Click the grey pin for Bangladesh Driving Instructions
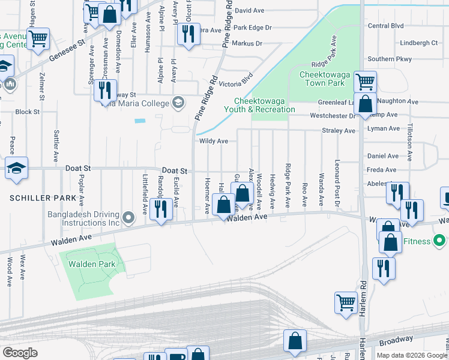[127, 217]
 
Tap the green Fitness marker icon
[439, 241]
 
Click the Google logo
[20, 353]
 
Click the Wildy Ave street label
[213, 141]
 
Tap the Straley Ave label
[339, 130]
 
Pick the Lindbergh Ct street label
[420, 43]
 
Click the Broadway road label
[397, 341]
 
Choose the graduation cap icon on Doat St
[16, 168]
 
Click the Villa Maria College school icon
[178, 102]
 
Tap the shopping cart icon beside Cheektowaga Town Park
[365, 80]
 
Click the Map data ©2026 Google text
[412, 355]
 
